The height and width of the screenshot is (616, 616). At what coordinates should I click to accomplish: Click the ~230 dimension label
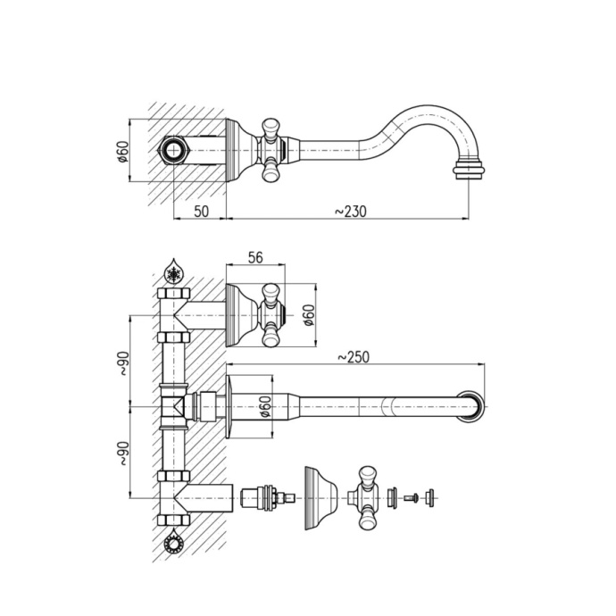(350, 211)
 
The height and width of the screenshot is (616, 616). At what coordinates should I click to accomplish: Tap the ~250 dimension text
(353, 357)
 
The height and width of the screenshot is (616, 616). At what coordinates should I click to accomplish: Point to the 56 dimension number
(254, 257)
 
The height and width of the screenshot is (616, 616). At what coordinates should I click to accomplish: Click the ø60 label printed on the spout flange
(264, 407)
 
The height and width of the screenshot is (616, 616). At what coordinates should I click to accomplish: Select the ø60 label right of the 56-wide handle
(308, 315)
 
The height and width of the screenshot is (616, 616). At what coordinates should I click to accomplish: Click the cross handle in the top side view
(270, 149)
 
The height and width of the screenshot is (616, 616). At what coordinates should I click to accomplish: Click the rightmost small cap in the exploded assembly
(430, 496)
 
